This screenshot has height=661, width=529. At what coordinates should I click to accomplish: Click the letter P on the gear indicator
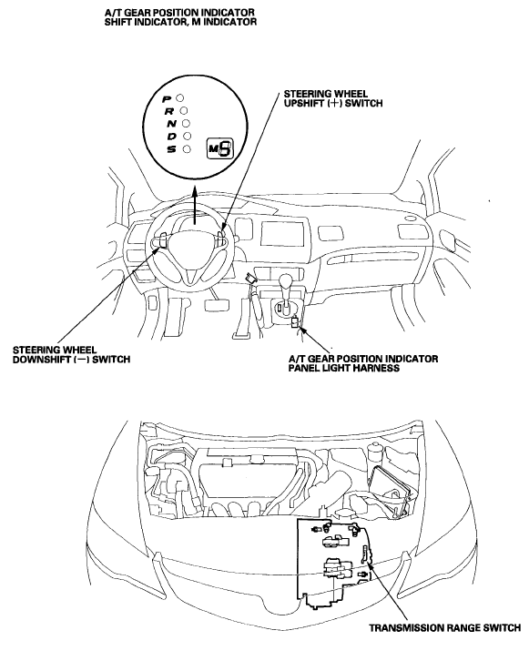167,98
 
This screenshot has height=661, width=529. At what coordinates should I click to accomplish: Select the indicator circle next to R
184,111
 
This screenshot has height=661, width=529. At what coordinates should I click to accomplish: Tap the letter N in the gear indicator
171,124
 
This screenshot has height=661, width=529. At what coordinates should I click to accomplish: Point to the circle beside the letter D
188,136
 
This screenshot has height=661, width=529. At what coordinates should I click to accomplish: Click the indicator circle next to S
187,148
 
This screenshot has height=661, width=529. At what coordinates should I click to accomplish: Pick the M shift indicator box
219,148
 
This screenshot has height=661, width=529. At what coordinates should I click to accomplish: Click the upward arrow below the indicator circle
194,206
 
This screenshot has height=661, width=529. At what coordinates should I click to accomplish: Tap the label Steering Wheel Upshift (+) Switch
333,98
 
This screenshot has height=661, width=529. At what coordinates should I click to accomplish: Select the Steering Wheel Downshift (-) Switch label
71,354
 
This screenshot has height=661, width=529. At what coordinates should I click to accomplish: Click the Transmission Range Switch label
445,627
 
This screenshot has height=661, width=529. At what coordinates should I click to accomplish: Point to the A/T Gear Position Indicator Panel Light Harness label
363,363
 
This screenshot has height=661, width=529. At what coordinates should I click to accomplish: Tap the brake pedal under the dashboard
218,305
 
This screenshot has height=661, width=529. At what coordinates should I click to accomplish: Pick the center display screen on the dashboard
282,234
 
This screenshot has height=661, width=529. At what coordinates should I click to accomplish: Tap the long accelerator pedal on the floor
242,317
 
